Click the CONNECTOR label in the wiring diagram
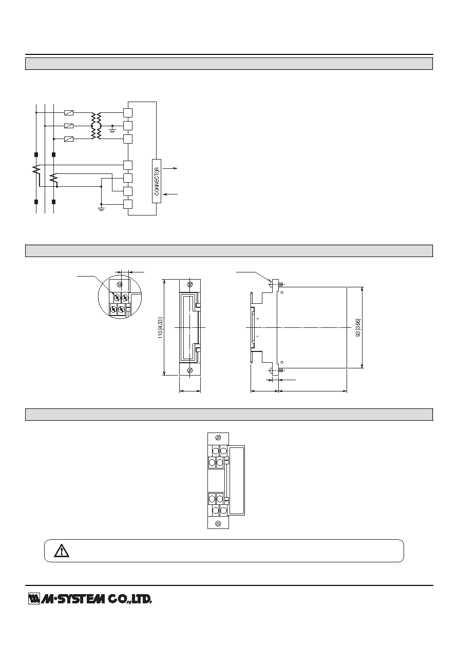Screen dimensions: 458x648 [x=157, y=181]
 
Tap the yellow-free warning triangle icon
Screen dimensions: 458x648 [x=62, y=551]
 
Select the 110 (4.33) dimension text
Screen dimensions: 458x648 [x=160, y=328]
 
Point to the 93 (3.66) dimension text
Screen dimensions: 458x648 [x=358, y=327]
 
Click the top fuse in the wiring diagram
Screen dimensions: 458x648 [x=68, y=113]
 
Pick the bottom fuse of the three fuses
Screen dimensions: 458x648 [x=68, y=139]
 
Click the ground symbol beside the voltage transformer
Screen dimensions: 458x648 [x=112, y=129]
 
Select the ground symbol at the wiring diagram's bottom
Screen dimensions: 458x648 [x=101, y=208]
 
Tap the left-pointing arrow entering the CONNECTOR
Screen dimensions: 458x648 [x=170, y=194]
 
